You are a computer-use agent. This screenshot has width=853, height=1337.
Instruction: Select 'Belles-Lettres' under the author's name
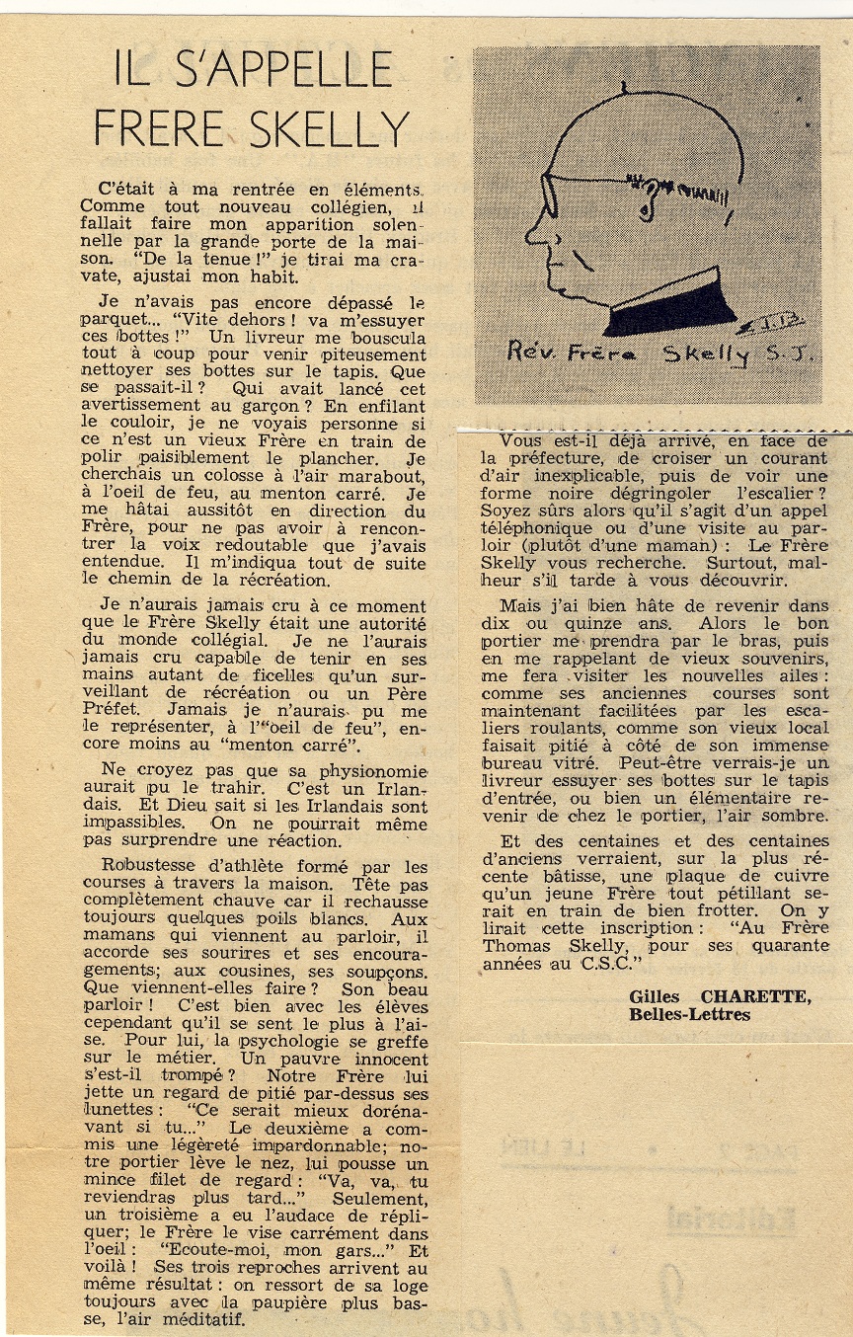pos(689,1014)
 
